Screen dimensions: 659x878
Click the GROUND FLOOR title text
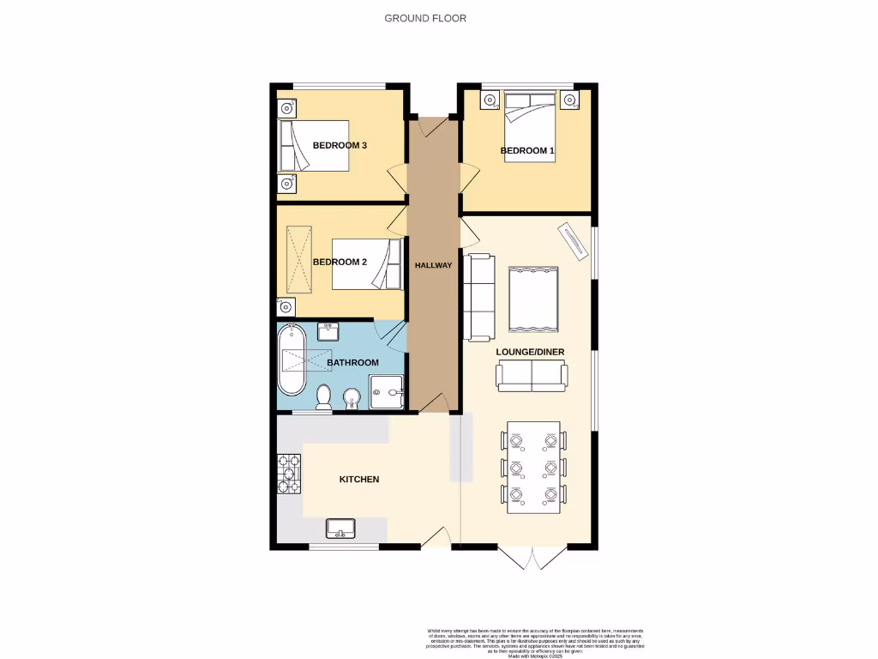[x=425, y=18]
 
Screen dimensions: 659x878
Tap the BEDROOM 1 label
[x=527, y=151]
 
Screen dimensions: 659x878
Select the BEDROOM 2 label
[x=340, y=262]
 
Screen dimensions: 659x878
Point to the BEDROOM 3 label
[x=340, y=145]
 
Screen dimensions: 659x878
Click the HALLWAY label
[x=433, y=265]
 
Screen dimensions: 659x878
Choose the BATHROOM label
[x=352, y=363]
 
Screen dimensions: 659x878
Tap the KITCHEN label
[x=359, y=479]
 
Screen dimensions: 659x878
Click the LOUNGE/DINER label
[x=530, y=352]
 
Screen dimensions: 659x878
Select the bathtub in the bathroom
[x=292, y=360]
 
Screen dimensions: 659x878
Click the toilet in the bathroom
[x=323, y=396]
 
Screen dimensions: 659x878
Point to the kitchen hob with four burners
[x=288, y=473]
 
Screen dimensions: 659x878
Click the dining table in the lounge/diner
[x=533, y=468]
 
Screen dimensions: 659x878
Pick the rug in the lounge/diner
[x=533, y=299]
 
